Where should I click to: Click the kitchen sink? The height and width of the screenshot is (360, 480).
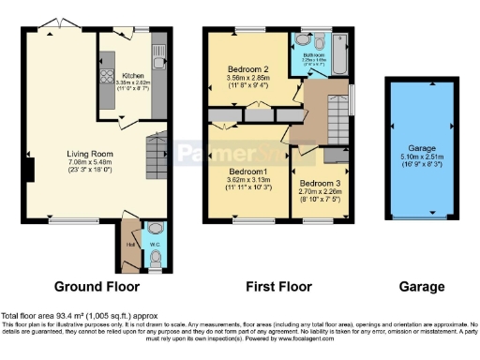[159, 50]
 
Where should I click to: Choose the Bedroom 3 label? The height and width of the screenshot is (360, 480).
[320, 183]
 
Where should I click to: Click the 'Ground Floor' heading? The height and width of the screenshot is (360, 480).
[97, 286]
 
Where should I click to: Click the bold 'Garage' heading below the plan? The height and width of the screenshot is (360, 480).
[421, 286]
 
